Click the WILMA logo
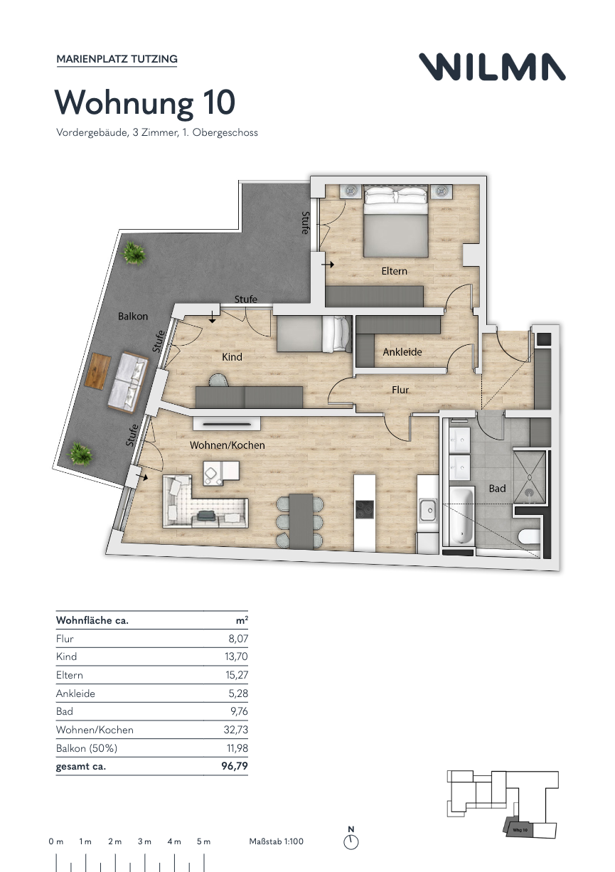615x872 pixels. [x=492, y=67]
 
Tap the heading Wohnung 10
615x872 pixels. [x=145, y=102]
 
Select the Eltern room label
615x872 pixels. [x=394, y=271]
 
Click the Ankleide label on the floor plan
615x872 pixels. [x=402, y=352]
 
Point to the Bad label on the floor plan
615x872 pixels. [x=497, y=488]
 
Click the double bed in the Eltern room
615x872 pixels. [x=395, y=221]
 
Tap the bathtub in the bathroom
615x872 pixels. [x=461, y=516]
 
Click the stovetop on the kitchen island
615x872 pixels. [x=364, y=509]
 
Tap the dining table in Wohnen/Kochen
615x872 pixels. [x=301, y=521]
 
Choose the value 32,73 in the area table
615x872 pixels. [x=235, y=730]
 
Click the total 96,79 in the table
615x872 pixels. [x=235, y=766]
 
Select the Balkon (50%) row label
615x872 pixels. [x=87, y=748]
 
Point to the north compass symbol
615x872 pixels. [x=351, y=841]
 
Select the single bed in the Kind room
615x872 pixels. [x=314, y=334]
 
